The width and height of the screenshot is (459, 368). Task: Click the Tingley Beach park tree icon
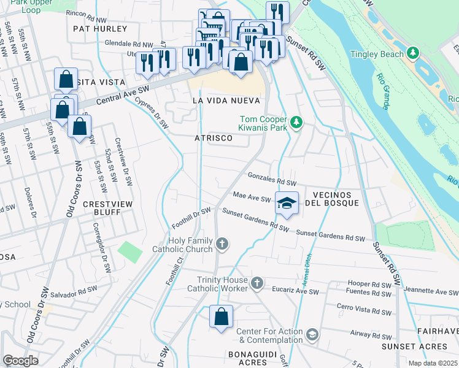pos(413,53)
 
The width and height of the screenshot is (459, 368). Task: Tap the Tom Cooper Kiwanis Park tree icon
pos(297,123)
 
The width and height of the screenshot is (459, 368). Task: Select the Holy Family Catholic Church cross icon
pos(222,245)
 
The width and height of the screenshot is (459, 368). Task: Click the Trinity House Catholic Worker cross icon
pos(256,283)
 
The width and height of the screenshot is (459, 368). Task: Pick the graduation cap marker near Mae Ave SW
pos(285,203)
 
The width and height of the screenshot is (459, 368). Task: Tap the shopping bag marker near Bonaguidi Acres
pos(221,317)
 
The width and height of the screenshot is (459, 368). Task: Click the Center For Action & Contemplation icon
pos(313,334)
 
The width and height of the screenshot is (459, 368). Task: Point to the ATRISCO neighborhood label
pos(213,139)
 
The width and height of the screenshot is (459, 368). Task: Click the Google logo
pos(21,361)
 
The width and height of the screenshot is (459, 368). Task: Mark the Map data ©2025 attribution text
pos(433,363)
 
